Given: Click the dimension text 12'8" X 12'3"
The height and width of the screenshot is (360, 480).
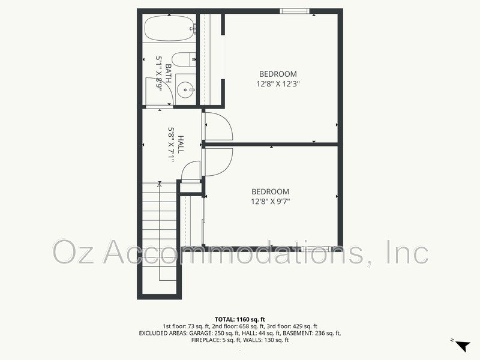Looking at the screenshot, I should pos(278,84).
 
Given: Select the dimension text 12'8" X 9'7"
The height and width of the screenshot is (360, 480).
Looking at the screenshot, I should pos(271,202).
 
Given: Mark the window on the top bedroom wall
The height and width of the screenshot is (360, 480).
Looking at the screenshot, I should pos(295,10).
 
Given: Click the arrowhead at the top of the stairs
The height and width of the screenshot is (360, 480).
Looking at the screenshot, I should pos(160,186).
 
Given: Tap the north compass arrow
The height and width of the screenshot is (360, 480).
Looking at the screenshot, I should pos(462,346).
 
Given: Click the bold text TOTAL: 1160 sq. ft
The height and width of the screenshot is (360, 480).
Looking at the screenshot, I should pos(240,319).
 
